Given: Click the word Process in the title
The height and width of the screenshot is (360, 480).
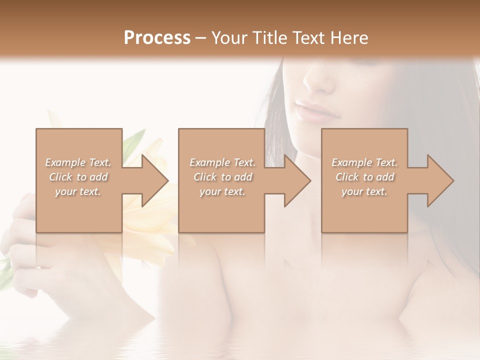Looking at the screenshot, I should pos(157,38).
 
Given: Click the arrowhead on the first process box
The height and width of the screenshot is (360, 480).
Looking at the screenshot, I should pos(152,180).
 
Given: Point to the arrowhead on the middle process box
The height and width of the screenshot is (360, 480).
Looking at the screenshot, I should pos(295,180).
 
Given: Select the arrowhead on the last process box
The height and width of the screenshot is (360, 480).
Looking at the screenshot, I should pos(438,180).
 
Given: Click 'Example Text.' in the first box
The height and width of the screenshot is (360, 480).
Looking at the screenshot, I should pos(78,162).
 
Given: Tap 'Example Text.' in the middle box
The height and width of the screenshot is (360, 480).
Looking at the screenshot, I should pos(222,162).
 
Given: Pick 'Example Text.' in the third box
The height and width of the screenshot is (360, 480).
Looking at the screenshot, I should pos(364,162).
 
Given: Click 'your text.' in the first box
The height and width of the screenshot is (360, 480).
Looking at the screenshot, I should pos(78,191).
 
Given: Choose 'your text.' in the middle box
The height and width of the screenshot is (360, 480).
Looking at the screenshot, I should pos(222,191).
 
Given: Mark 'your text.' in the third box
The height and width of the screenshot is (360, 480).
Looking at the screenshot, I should pos(364,191).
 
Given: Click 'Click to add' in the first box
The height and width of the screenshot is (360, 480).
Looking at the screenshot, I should pos(78,177).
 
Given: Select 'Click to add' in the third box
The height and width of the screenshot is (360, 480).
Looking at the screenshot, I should pos(364,177).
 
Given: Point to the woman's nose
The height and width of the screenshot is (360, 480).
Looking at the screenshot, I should pos(320,80).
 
